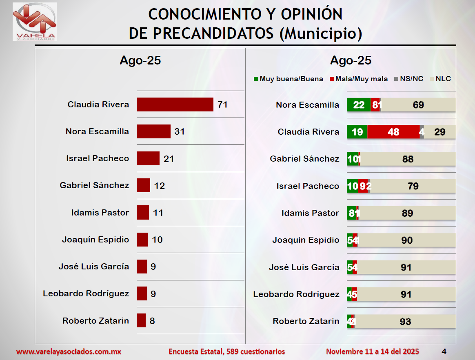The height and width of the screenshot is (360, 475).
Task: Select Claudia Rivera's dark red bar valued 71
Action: (x=175, y=104)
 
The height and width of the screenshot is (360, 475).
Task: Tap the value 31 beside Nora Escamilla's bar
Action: (x=180, y=131)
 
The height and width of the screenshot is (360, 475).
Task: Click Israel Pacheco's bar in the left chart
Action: (x=148, y=158)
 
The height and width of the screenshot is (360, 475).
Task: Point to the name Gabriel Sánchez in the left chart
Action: (x=94, y=185)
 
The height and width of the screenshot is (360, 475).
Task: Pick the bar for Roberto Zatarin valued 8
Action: (x=141, y=320)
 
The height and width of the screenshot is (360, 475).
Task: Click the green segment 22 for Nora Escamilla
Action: (x=359, y=105)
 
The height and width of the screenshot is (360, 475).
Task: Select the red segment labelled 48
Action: (x=393, y=132)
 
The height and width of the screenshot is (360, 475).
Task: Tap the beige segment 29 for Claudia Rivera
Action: (x=440, y=132)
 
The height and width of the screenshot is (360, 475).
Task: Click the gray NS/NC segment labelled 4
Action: (x=422, y=132)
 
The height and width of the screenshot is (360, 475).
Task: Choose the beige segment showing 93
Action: (x=406, y=321)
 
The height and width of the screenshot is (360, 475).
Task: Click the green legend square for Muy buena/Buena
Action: (x=256, y=79)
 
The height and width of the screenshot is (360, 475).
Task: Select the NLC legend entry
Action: (x=443, y=79)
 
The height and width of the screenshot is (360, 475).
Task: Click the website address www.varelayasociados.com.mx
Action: (x=69, y=351)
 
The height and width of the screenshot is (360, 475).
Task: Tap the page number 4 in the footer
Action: (x=444, y=351)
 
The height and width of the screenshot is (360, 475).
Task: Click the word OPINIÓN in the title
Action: (x=312, y=14)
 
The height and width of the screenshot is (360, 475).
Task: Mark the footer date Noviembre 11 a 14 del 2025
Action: (x=372, y=351)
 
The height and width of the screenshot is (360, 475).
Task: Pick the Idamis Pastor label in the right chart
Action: (x=310, y=213)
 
